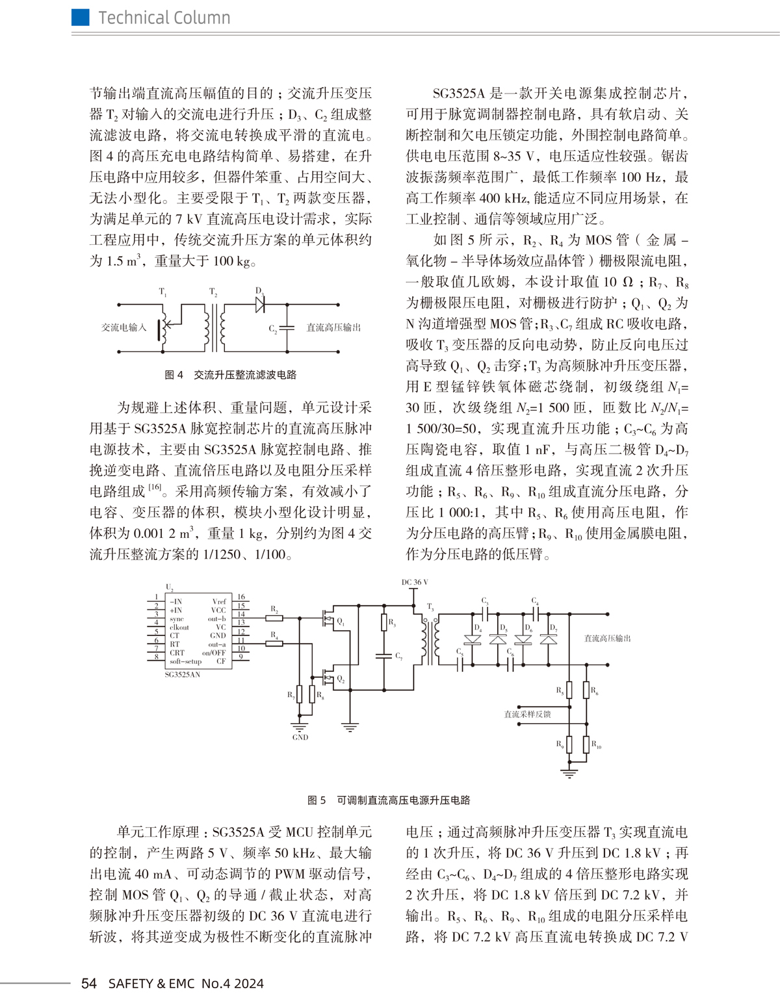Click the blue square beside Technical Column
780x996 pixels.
pyautogui.click(x=80, y=18)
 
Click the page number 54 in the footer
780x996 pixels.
pyautogui.click(x=89, y=982)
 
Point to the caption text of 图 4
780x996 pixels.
pyautogui.click(x=231, y=375)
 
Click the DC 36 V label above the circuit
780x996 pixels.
pyautogui.click(x=415, y=582)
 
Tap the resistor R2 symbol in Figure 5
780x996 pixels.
pyautogui.click(x=274, y=617)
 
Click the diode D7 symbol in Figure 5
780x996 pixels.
pyautogui.click(x=549, y=639)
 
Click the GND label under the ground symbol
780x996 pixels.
pyautogui.click(x=300, y=737)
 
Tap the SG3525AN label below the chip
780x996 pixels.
pyautogui.click(x=183, y=674)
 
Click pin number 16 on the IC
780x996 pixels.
pyautogui.click(x=241, y=596)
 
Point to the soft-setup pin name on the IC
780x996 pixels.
pyautogui.click(x=186, y=661)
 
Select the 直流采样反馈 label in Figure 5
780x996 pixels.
pyautogui.click(x=527, y=714)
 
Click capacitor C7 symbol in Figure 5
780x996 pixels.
pyautogui.click(x=385, y=656)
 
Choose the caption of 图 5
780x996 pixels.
pyautogui.click(x=389, y=800)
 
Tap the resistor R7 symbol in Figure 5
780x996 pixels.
pyautogui.click(x=299, y=695)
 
